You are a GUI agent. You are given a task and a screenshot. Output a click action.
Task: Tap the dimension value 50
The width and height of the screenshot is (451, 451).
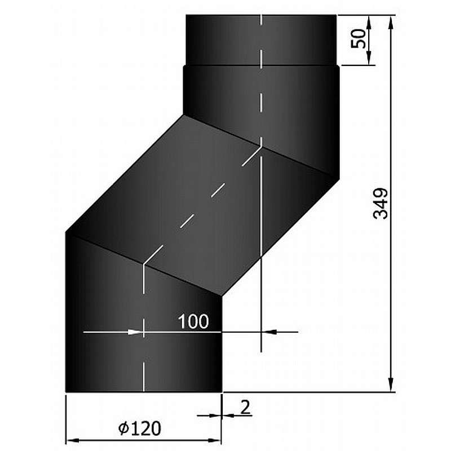pyautogui.click(x=359, y=38)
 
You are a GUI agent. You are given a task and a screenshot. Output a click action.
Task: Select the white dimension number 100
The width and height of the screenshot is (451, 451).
pyautogui.click(x=193, y=321)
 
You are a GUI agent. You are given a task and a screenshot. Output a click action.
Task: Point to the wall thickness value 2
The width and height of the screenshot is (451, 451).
pyautogui.click(x=245, y=407)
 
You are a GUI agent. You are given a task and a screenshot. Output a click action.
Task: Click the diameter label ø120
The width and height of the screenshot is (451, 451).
pyautogui.click(x=140, y=428)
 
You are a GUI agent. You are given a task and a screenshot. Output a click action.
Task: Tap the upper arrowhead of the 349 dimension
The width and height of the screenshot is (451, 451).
pyautogui.click(x=391, y=23)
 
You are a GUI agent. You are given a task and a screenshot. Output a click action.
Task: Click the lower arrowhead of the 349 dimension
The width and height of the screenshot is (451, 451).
pyautogui.click(x=391, y=384)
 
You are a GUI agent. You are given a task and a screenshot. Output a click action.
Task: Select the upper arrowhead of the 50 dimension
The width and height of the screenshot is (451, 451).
pyautogui.click(x=369, y=23)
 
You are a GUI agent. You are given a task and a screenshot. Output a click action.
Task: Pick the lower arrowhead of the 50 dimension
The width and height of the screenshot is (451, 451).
pyautogui.click(x=369, y=58)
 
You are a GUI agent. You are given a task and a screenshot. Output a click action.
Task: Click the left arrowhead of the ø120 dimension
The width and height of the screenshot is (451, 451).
pyautogui.click(x=73, y=440)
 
